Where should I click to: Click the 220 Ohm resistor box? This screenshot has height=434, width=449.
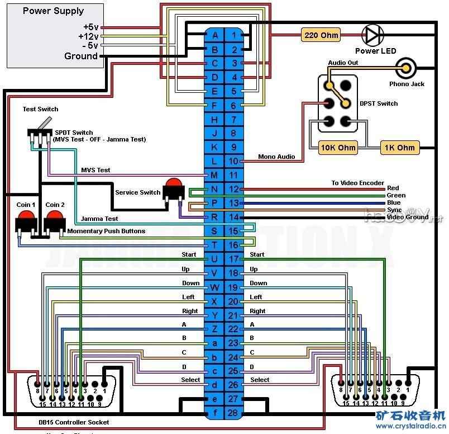click(x=321, y=35)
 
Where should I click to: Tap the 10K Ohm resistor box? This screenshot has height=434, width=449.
click(x=338, y=148)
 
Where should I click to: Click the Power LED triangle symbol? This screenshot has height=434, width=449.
click(x=371, y=35)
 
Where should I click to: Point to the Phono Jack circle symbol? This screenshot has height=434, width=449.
click(x=406, y=69)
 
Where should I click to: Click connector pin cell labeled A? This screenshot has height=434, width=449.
click(x=214, y=35)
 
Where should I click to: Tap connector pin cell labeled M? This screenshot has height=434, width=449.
click(x=214, y=175)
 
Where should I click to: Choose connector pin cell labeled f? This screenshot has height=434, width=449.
click(x=214, y=413)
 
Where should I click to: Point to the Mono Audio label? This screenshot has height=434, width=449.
click(x=276, y=157)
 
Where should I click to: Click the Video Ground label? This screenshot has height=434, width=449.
click(x=408, y=217)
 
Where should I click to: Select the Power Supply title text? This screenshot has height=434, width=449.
click(x=53, y=11)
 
